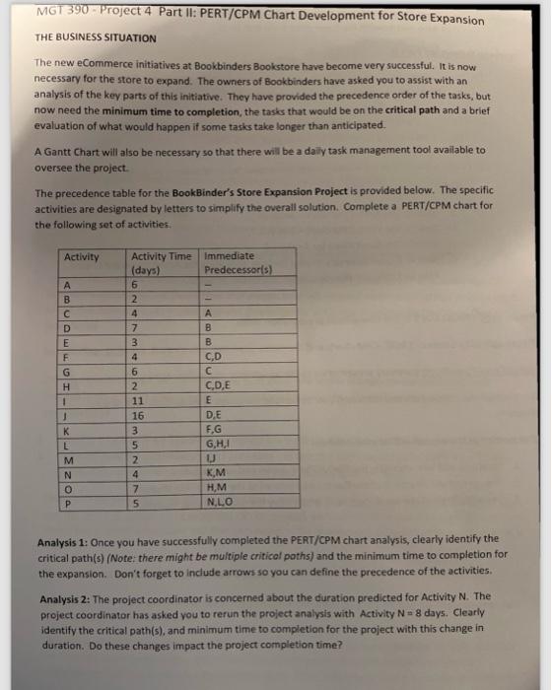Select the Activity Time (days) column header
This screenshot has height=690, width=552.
[162, 263]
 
